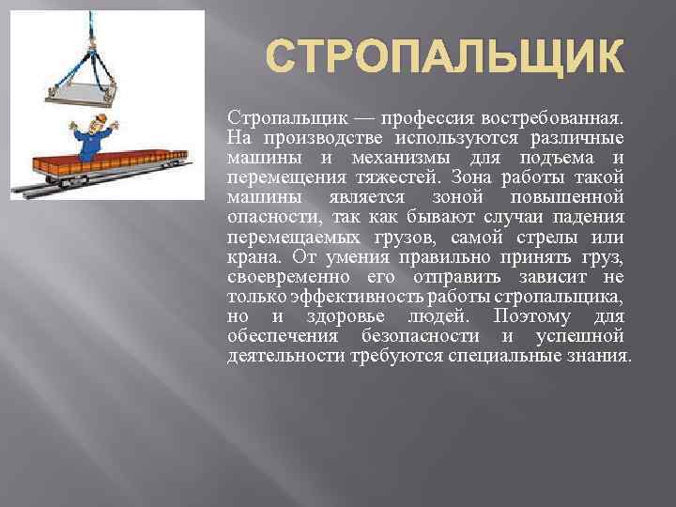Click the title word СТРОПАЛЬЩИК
pyautogui.click(x=444, y=56)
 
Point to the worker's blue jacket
pyautogui.click(x=93, y=143)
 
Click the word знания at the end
pyautogui.click(x=597, y=356)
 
